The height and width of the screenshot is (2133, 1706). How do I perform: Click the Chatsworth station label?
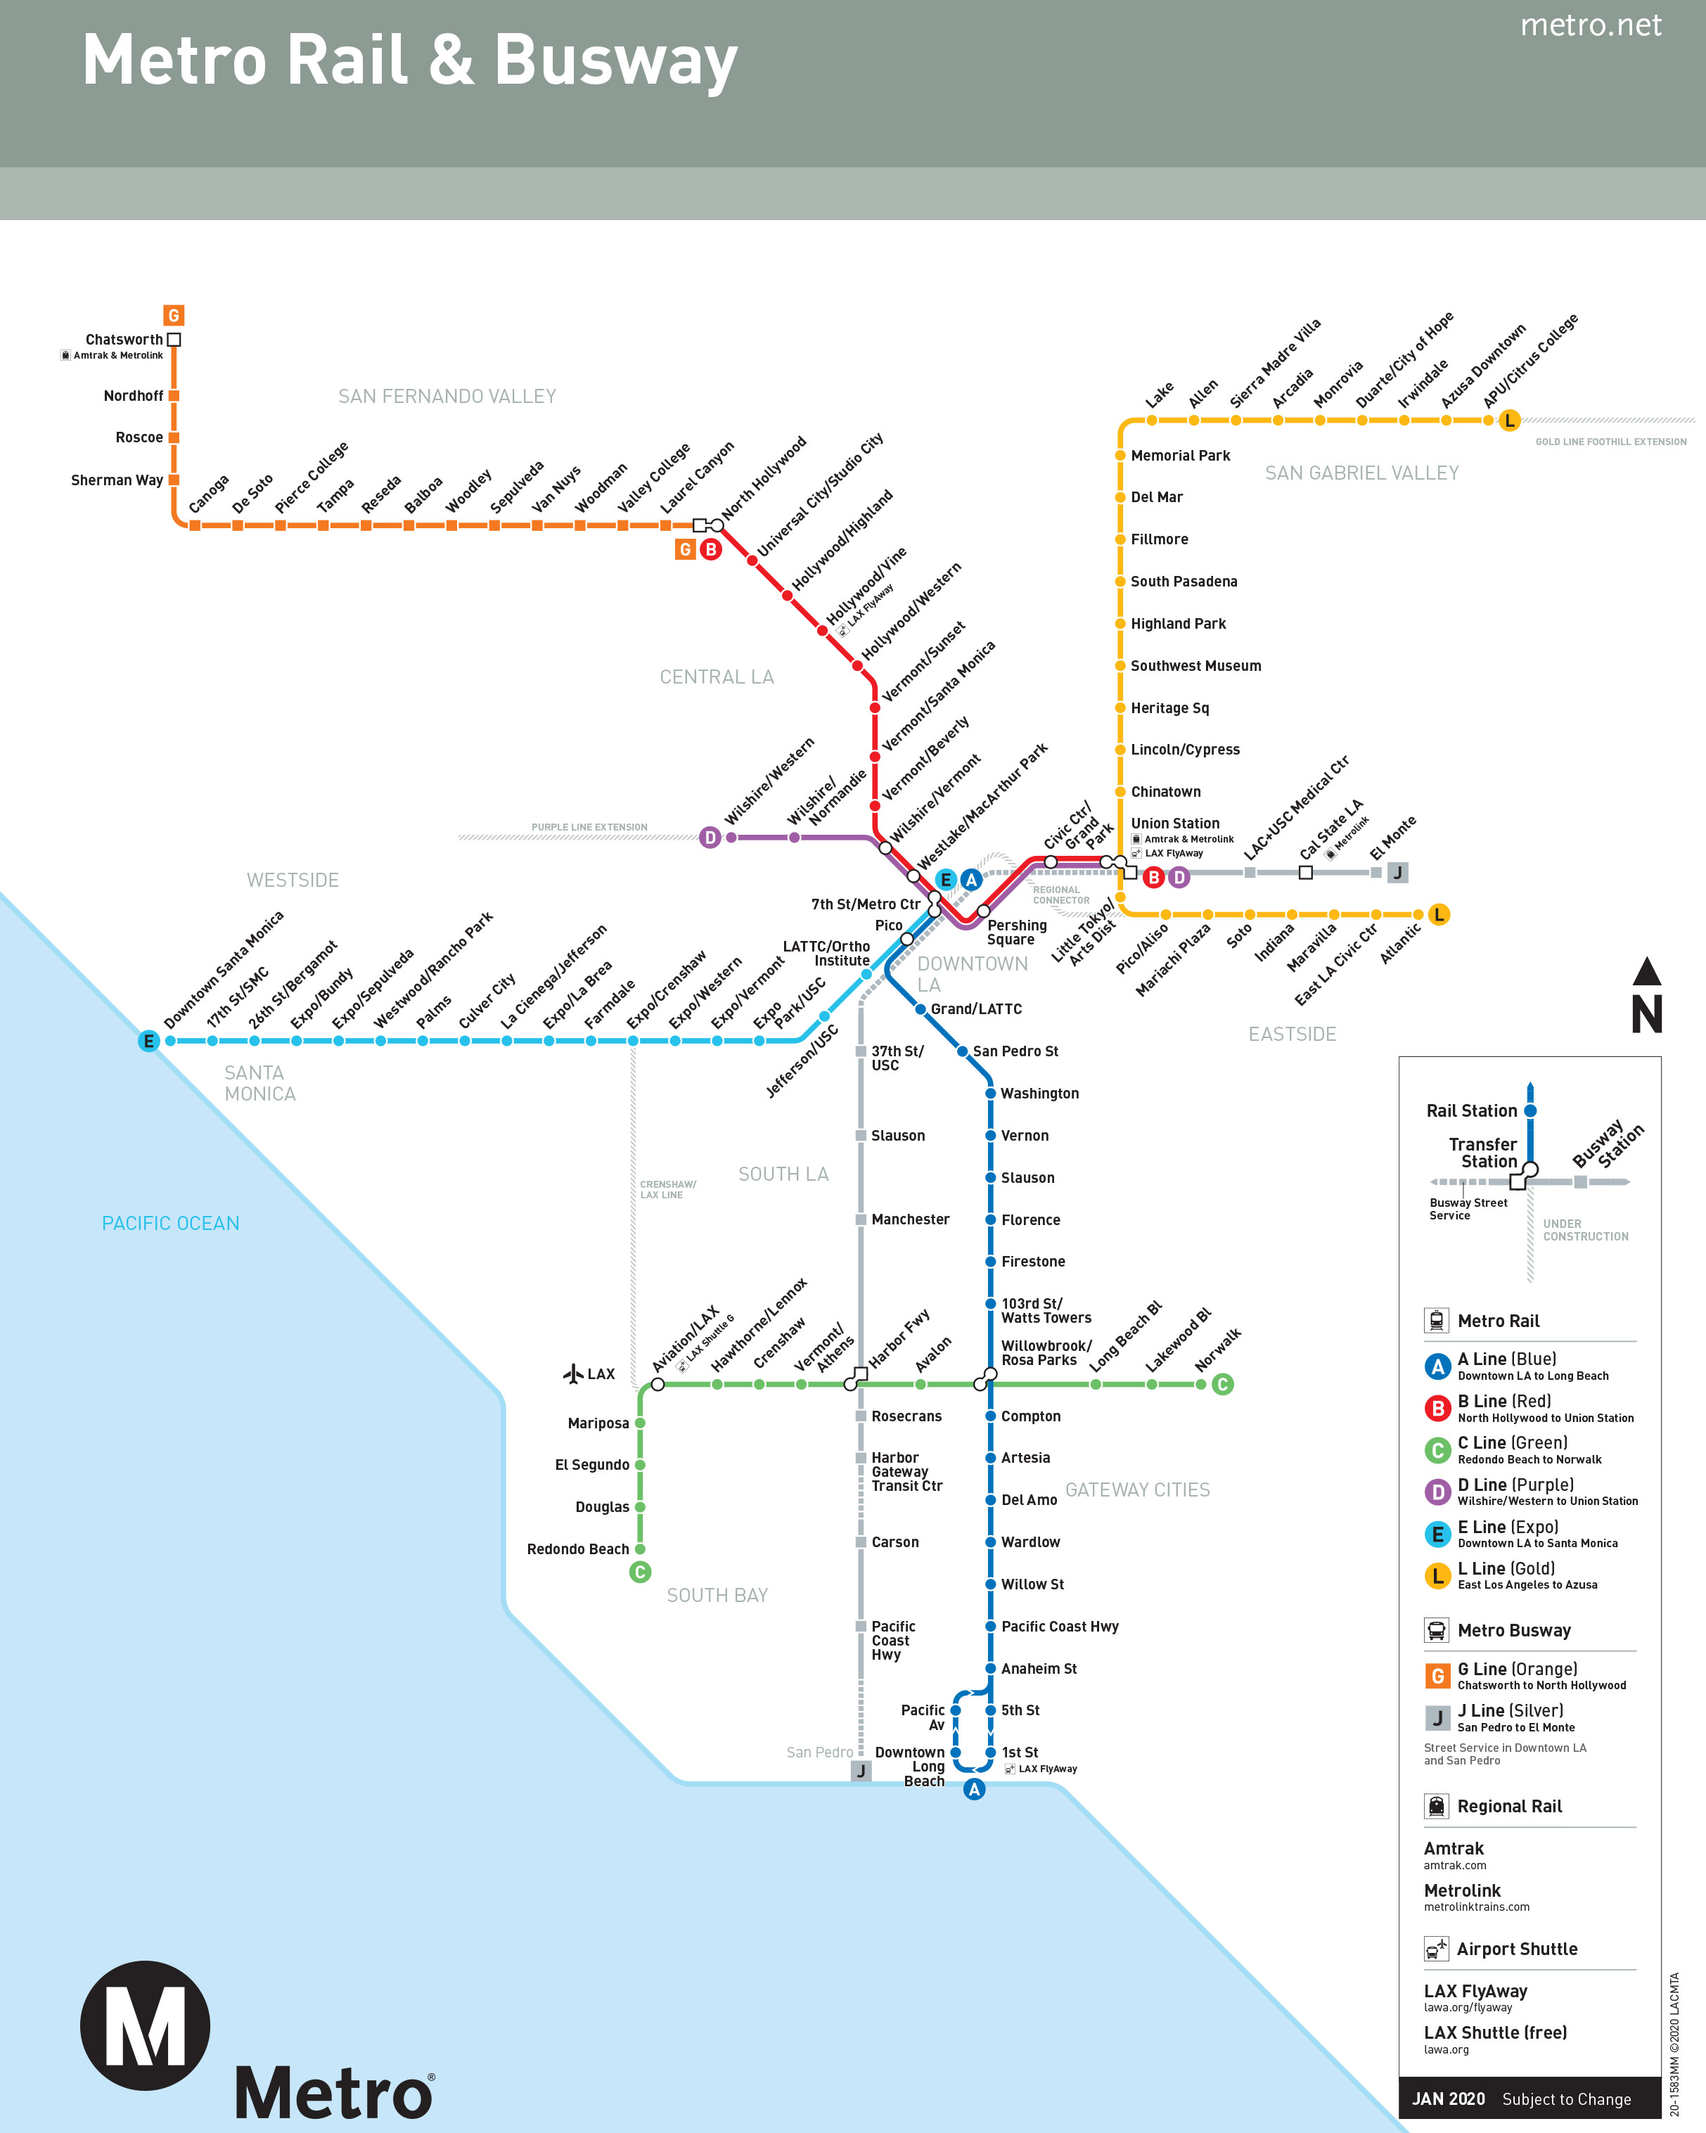(124, 340)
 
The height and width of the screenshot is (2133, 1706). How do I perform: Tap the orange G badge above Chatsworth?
(174, 316)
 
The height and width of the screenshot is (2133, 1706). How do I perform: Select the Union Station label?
(1175, 823)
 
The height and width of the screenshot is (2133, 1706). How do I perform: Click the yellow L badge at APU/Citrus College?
(1509, 421)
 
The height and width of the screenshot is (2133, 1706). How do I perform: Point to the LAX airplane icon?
(572, 1373)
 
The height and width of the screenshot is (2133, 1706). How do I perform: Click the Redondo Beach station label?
(577, 1549)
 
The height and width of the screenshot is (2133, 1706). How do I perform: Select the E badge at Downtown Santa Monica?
(148, 1041)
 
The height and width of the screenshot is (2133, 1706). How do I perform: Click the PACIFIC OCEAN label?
(170, 1223)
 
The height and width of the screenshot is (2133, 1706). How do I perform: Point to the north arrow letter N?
(1647, 1015)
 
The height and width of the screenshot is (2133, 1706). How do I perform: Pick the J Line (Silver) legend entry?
(1511, 1710)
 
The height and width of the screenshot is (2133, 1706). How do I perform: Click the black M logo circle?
(146, 2025)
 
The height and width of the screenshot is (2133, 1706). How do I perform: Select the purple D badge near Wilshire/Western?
(710, 838)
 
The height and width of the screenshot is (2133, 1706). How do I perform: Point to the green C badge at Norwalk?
(1222, 1384)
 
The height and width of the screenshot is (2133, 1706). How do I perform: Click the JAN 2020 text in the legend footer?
(1448, 2099)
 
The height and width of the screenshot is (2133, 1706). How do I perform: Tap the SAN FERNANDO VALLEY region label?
(447, 397)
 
